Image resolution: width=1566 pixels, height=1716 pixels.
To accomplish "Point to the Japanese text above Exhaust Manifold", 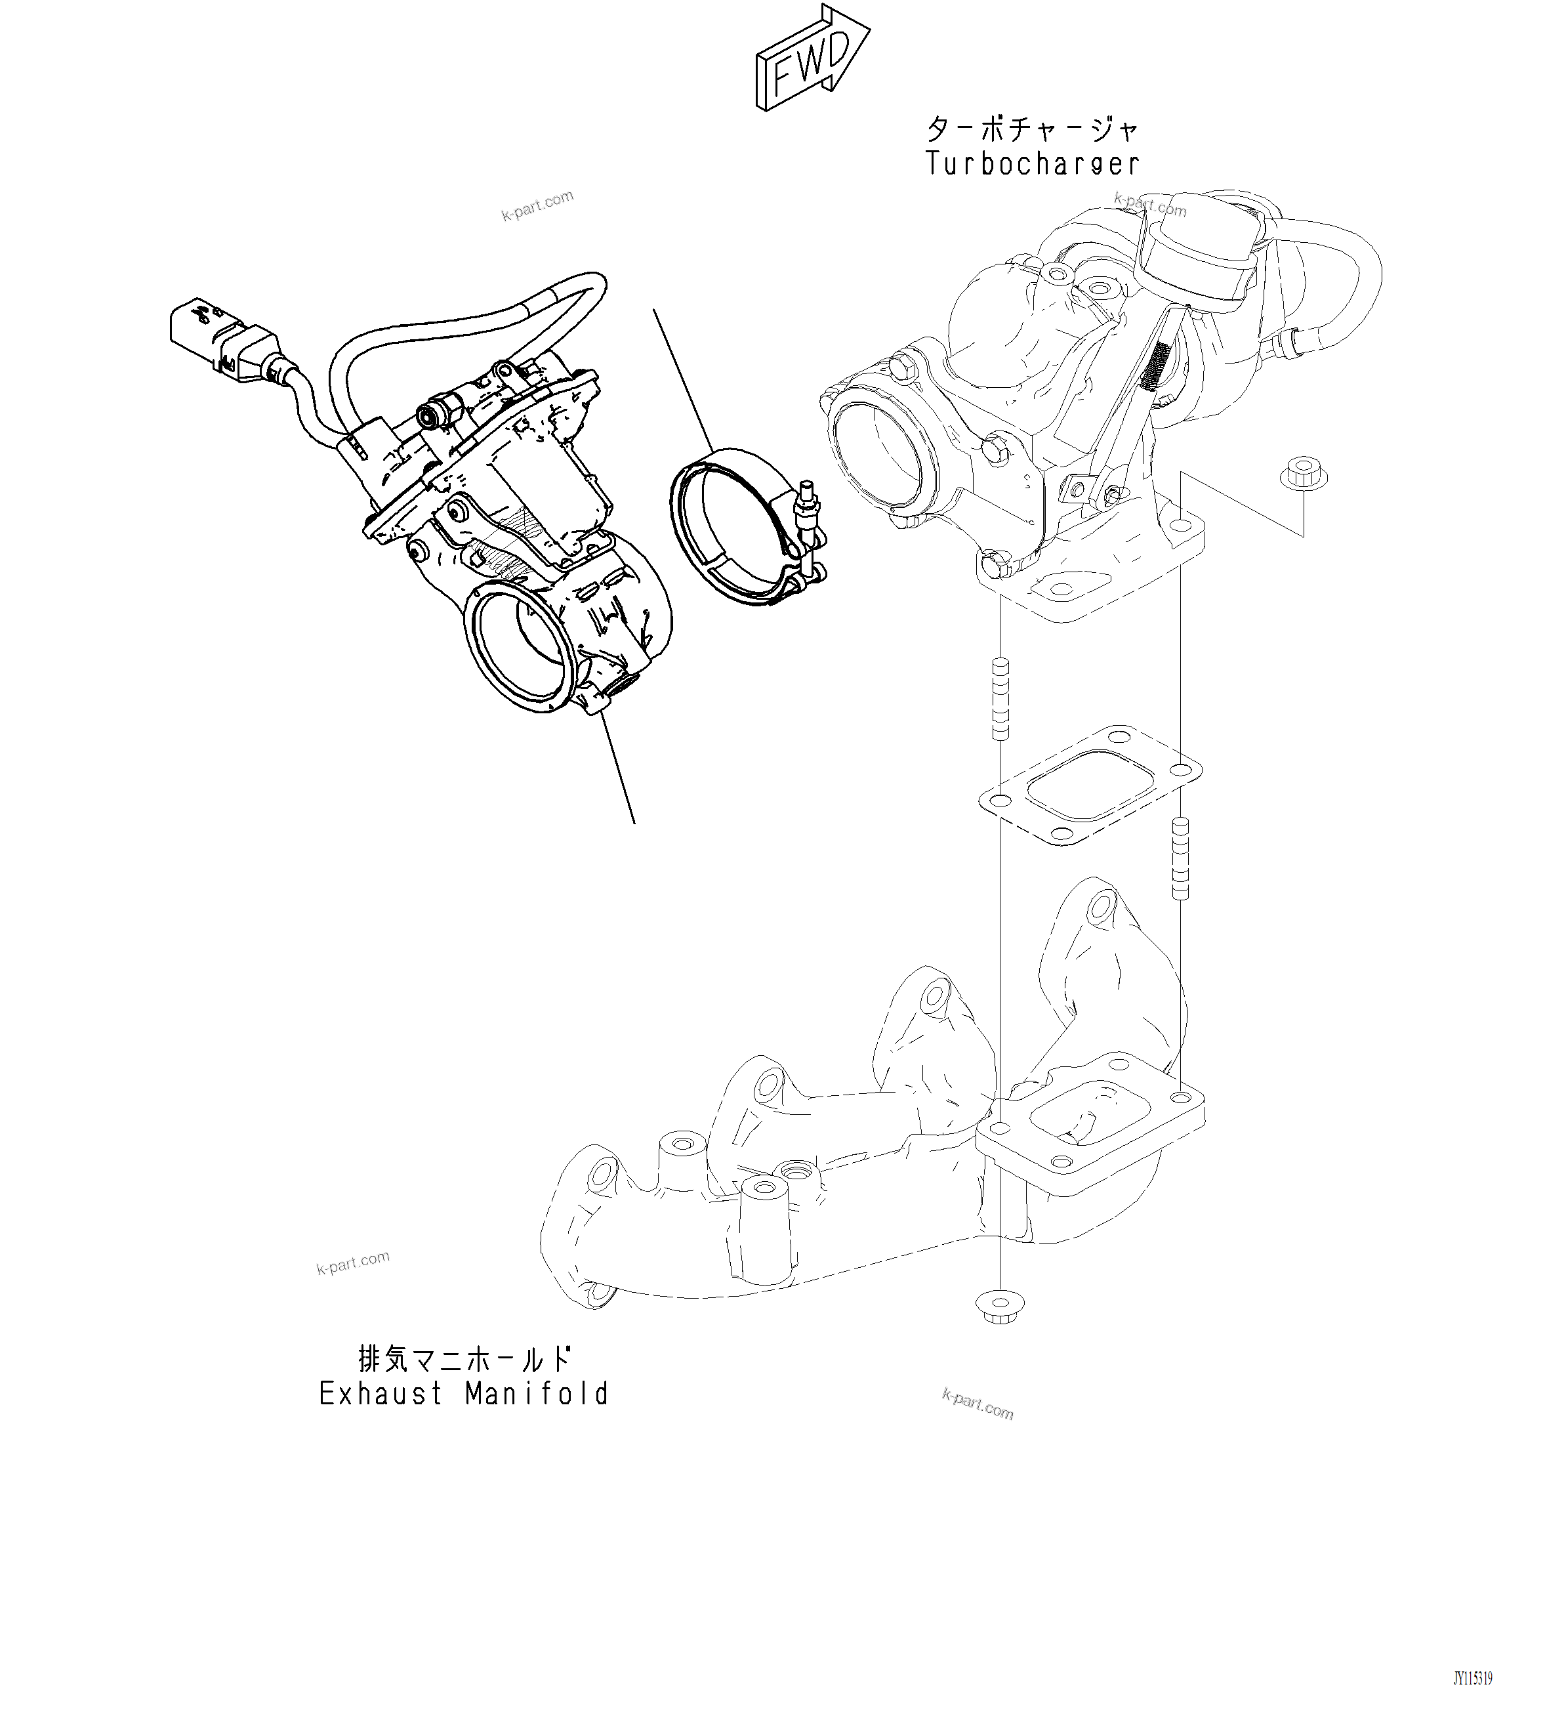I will [x=464, y=1358].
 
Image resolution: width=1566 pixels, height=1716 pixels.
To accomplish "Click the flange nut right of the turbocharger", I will [x=1302, y=472].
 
